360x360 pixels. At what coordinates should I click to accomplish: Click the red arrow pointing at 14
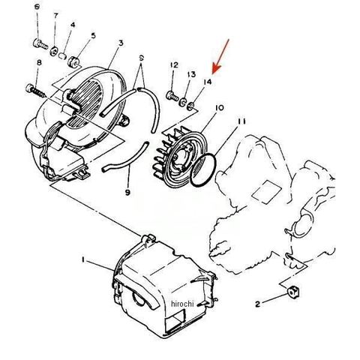point(220,56)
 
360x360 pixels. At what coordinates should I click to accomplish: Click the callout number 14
point(208,82)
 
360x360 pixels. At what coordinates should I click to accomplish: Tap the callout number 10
point(219,108)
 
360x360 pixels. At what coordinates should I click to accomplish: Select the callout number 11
point(241,121)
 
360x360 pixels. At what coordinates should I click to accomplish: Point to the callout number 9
point(127,193)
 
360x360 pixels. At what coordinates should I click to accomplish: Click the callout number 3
point(121,43)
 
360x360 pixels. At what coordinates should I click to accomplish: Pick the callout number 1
point(82,260)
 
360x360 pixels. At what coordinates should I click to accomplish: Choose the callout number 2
point(257,304)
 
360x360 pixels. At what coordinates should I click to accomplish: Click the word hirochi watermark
point(182,304)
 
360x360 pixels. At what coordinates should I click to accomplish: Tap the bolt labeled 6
point(40,44)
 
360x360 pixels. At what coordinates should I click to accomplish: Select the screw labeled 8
point(35,91)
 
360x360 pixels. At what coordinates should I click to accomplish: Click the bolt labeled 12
point(172,96)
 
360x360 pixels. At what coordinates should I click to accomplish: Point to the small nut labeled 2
point(293,292)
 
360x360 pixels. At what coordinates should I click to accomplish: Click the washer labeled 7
point(54,51)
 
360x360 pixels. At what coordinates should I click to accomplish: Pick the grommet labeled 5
point(74,61)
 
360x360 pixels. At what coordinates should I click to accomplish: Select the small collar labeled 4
point(63,55)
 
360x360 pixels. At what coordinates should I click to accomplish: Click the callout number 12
point(174,65)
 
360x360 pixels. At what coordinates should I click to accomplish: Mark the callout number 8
point(39,62)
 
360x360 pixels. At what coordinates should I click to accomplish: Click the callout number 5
point(93,35)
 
